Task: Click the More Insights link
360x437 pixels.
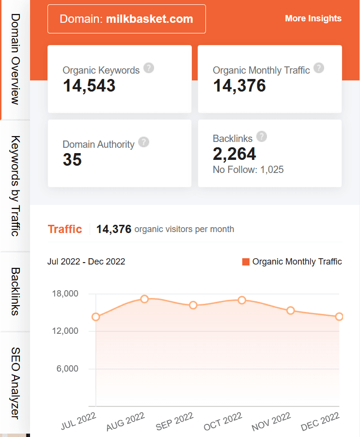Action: pos(313,18)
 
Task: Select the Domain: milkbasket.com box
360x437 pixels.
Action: pos(126,19)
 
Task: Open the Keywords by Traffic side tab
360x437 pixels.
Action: pos(15,186)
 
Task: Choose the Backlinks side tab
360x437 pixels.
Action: pos(15,291)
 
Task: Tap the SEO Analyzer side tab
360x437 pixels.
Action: pos(15,383)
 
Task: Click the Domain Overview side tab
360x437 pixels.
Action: pos(15,59)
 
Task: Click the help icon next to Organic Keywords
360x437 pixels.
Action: pos(149,68)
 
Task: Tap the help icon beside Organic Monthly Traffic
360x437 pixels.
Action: pos(318,68)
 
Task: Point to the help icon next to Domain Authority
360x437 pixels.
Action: pos(143,142)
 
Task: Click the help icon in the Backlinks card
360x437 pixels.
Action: pos(262,136)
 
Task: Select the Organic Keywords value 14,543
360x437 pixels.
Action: pos(89,86)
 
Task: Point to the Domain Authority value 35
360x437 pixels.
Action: pos(72,160)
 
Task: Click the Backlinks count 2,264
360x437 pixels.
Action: pos(235,154)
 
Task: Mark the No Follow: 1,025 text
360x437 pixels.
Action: pos(248,170)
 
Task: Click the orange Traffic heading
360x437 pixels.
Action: pos(65,229)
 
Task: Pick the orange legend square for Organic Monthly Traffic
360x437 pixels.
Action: pos(246,262)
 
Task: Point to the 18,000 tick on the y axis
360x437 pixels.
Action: pos(64,294)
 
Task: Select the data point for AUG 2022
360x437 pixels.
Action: pos(144,299)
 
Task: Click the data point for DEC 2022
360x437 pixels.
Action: pos(339,316)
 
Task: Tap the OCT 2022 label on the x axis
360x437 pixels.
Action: pos(223,421)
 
